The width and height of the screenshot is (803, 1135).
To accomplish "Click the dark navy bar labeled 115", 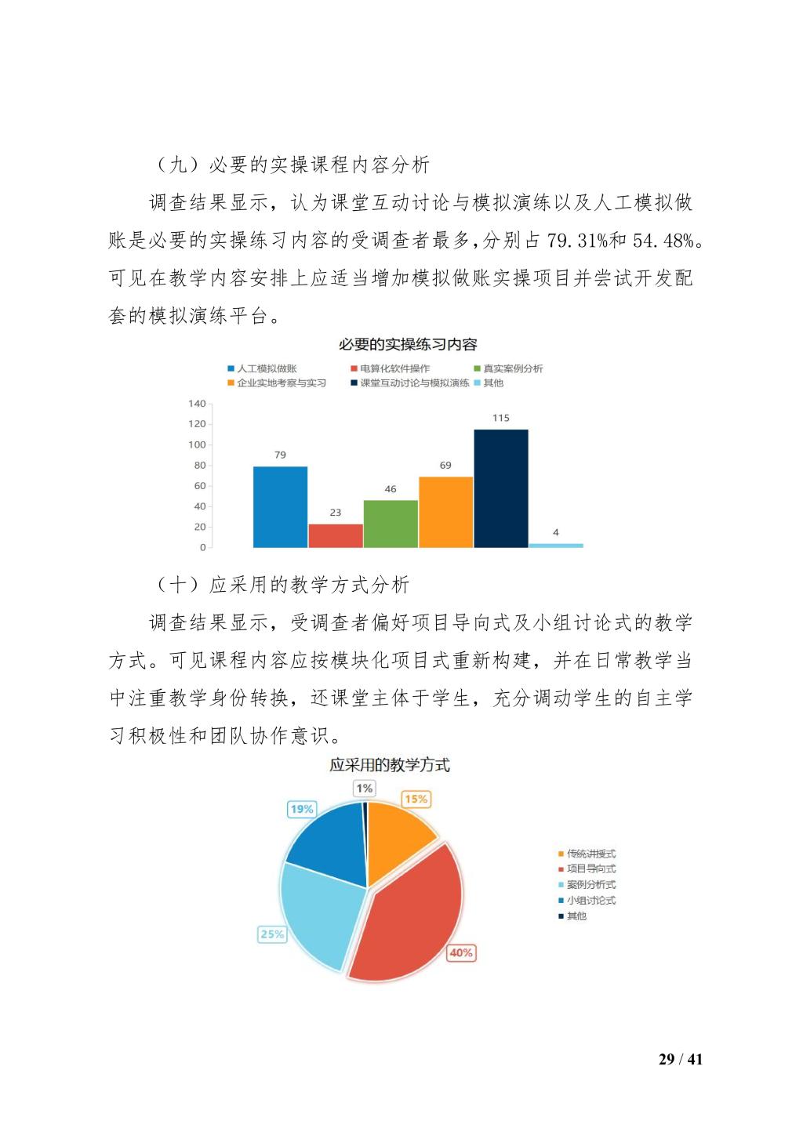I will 500,488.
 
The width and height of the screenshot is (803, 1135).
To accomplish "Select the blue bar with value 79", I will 280,506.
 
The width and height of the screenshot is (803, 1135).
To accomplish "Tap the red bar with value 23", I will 336,535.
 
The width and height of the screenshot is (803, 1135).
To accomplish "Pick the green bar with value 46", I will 391,524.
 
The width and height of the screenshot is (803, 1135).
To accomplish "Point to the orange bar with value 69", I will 445,512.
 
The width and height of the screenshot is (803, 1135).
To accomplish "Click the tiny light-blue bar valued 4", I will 556,545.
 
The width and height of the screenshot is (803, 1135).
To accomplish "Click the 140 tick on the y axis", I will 197,404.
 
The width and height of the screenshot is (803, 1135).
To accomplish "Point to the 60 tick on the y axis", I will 199,486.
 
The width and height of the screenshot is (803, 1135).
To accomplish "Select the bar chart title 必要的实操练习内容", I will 407,344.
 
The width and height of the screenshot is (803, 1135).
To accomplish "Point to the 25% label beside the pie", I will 272,934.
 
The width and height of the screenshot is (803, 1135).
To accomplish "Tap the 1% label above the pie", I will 364,788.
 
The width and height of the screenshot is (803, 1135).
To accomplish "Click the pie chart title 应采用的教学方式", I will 390,765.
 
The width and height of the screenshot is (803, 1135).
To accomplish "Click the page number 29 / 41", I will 681,1060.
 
